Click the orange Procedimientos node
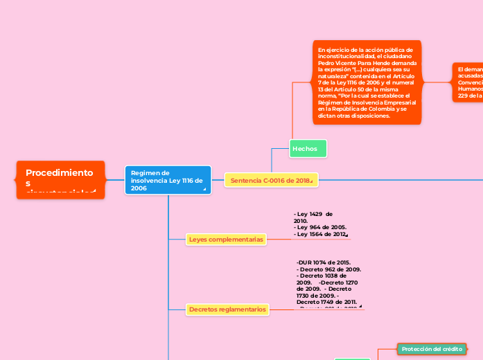pos(60,179)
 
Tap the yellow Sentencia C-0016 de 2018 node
pos(270,180)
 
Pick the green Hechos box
pos(307,148)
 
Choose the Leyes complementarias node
pos(226,240)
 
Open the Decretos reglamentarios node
pos(227,309)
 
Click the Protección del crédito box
pos(431,349)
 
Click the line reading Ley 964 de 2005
pos(321,227)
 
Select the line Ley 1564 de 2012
pos(320,235)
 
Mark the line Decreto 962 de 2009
pos(328,269)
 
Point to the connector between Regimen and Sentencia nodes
pos(218,180)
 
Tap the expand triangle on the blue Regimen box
pos(204,188)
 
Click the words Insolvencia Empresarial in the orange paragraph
pos(381,102)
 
